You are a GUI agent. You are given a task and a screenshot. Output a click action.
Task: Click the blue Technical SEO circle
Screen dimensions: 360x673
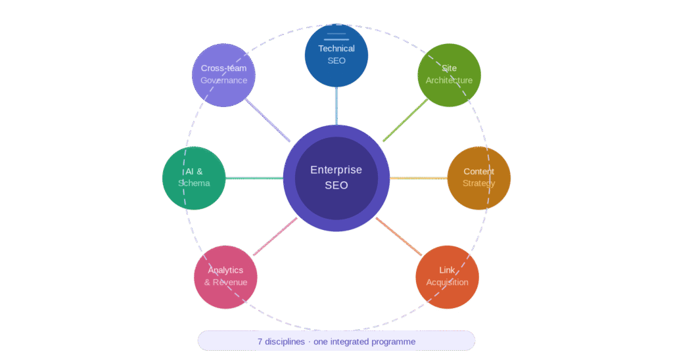pyautogui.click(x=336, y=55)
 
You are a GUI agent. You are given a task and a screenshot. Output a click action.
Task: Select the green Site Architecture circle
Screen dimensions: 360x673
pyautogui.click(x=449, y=75)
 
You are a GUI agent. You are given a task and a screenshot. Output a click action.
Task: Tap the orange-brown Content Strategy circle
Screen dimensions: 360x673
pyautogui.click(x=479, y=178)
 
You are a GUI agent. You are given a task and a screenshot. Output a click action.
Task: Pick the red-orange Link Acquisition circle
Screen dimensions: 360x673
pyautogui.click(x=448, y=277)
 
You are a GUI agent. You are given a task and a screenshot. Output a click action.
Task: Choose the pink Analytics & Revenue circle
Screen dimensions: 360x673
pyautogui.click(x=225, y=277)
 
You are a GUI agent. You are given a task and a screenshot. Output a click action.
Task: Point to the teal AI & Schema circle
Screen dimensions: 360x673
pyautogui.click(x=194, y=178)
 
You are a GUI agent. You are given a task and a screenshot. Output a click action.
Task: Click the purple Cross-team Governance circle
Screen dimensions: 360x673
pyautogui.click(x=223, y=75)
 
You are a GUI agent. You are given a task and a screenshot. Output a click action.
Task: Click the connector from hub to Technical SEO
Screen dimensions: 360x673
pyautogui.click(x=336, y=105)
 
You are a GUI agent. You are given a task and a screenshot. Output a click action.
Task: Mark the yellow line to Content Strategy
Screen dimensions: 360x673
pyautogui.click(x=418, y=178)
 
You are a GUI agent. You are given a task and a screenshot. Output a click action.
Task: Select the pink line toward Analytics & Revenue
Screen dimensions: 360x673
pyautogui.click(x=275, y=236)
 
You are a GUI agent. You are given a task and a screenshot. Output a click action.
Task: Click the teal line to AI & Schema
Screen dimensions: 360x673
pyautogui.click(x=254, y=178)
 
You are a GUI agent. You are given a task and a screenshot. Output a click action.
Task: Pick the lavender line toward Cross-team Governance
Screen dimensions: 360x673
pyautogui.click(x=268, y=120)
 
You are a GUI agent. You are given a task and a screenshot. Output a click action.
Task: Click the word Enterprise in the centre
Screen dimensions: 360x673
pyautogui.click(x=336, y=170)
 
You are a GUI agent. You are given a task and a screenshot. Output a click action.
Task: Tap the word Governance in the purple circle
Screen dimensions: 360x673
pyautogui.click(x=224, y=81)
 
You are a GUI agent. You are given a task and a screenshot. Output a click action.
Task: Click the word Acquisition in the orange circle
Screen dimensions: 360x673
pyautogui.click(x=448, y=282)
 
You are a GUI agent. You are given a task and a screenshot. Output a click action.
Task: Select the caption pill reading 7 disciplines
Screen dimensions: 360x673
pyautogui.click(x=336, y=341)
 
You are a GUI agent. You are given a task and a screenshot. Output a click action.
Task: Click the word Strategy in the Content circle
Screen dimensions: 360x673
pyautogui.click(x=479, y=183)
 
